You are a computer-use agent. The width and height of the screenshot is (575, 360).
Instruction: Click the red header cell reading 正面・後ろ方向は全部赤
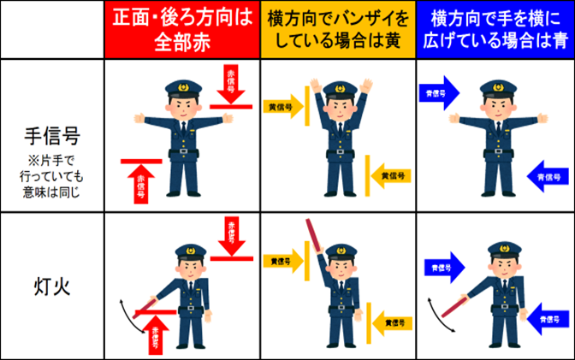click(181, 29)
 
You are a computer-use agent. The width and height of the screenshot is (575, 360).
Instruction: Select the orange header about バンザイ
click(337, 29)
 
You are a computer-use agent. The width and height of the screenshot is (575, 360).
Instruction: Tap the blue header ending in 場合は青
click(494, 29)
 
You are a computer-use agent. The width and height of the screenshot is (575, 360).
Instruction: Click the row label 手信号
click(50, 134)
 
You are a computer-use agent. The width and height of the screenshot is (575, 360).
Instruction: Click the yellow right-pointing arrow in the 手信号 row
click(284, 107)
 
